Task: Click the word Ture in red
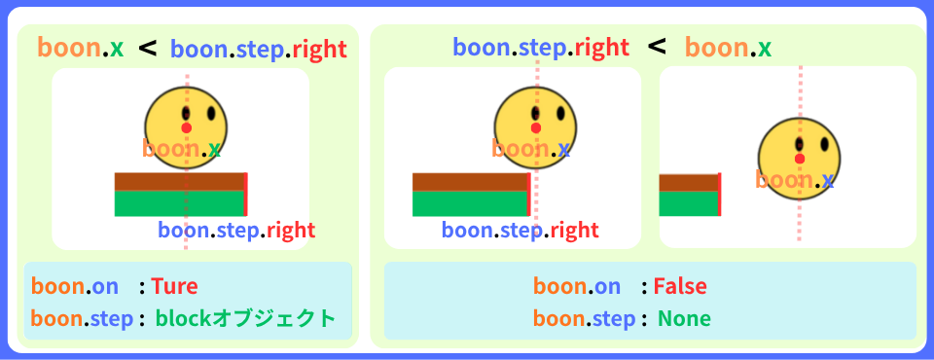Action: point(174,286)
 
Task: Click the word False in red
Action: point(679,286)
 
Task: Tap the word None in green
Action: point(684,318)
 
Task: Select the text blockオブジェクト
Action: point(245,318)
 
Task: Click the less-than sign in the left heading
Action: point(148,47)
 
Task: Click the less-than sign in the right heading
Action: point(658,47)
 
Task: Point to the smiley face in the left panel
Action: point(186,124)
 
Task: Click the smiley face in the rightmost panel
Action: point(800,156)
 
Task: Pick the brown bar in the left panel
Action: point(180,181)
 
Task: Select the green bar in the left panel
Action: point(180,203)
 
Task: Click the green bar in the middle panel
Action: point(470,203)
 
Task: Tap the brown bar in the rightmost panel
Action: point(688,182)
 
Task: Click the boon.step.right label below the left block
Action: point(236,231)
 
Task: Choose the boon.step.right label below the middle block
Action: point(520,231)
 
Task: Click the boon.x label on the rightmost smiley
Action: point(795,180)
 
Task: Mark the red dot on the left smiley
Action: point(186,127)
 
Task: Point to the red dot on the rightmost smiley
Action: point(800,159)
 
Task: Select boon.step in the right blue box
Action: point(584,318)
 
